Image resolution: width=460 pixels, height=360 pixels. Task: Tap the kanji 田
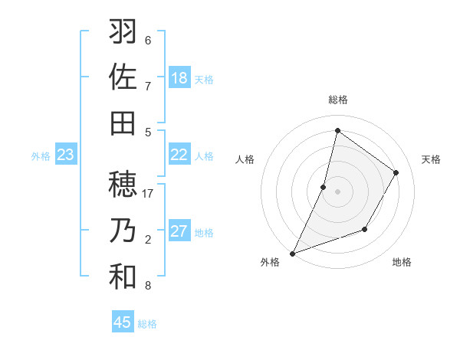(x=123, y=122)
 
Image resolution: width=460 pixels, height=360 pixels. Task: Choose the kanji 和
(x=123, y=277)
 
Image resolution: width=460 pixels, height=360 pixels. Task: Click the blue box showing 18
(x=179, y=77)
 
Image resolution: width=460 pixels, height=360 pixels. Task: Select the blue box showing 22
(x=179, y=155)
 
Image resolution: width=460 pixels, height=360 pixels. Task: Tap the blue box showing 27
(x=179, y=231)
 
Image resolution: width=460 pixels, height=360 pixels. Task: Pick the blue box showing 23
(x=66, y=155)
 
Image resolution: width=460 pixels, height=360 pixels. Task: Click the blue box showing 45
(x=123, y=322)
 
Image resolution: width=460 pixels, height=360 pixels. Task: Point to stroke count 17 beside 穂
(x=148, y=194)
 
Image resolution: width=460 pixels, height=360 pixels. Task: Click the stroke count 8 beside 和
(x=148, y=286)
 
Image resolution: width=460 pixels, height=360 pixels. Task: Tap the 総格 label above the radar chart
(x=337, y=100)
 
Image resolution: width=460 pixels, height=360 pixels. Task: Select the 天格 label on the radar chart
(x=431, y=159)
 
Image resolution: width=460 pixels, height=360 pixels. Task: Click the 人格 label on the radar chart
(x=245, y=159)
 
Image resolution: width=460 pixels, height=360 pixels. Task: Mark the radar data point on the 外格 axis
(x=292, y=253)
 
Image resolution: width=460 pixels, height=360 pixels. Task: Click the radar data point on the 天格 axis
(x=396, y=172)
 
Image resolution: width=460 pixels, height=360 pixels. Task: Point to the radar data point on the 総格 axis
(x=337, y=130)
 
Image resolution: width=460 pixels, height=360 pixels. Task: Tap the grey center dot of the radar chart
(x=337, y=191)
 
